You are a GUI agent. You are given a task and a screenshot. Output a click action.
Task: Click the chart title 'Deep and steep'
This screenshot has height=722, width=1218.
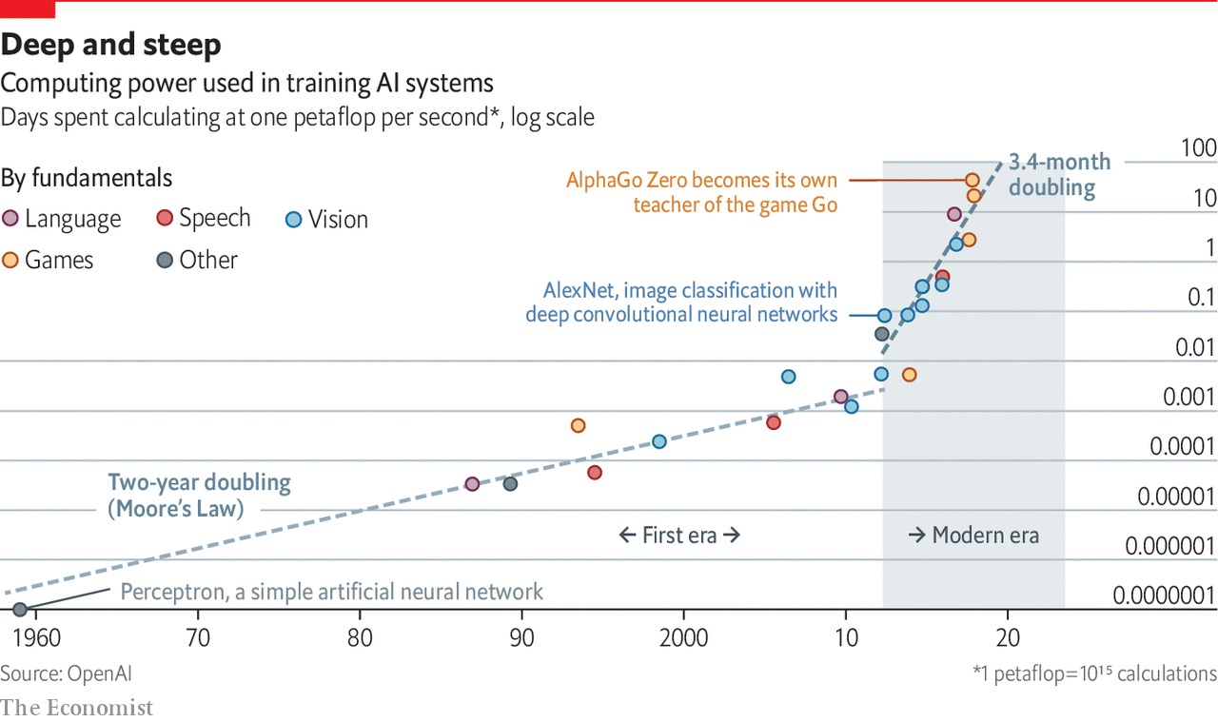coord(111,45)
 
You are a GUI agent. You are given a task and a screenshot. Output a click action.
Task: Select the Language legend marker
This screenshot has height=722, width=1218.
coord(11,219)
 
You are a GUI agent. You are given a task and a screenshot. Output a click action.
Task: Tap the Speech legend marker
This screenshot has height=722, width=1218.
coord(165,218)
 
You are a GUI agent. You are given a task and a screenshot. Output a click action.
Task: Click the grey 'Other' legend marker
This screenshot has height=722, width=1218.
coord(165,260)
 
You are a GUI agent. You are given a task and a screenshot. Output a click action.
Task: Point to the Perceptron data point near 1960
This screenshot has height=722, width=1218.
coord(20,609)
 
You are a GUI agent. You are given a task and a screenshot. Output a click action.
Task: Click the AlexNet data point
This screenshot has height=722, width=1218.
coord(885,315)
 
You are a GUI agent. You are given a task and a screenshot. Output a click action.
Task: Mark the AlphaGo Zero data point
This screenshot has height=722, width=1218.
coord(972,180)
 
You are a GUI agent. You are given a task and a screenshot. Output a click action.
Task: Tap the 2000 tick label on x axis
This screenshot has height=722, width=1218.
coord(683,637)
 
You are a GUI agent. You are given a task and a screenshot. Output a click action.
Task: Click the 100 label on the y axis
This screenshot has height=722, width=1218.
coord(1198,148)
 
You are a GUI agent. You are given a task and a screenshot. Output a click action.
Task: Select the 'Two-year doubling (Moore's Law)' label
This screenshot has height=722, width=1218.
coord(198,496)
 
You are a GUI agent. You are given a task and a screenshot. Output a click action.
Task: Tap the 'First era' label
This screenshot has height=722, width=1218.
coord(679,535)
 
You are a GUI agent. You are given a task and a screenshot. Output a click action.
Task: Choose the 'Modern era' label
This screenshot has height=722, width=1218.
coord(973,535)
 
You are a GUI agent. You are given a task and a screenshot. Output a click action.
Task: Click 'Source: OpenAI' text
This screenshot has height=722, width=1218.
coord(66,673)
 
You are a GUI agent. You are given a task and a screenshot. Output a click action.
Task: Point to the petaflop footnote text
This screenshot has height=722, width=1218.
coord(1094,673)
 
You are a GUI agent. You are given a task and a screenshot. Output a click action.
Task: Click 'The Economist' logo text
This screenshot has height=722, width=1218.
coord(76,708)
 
